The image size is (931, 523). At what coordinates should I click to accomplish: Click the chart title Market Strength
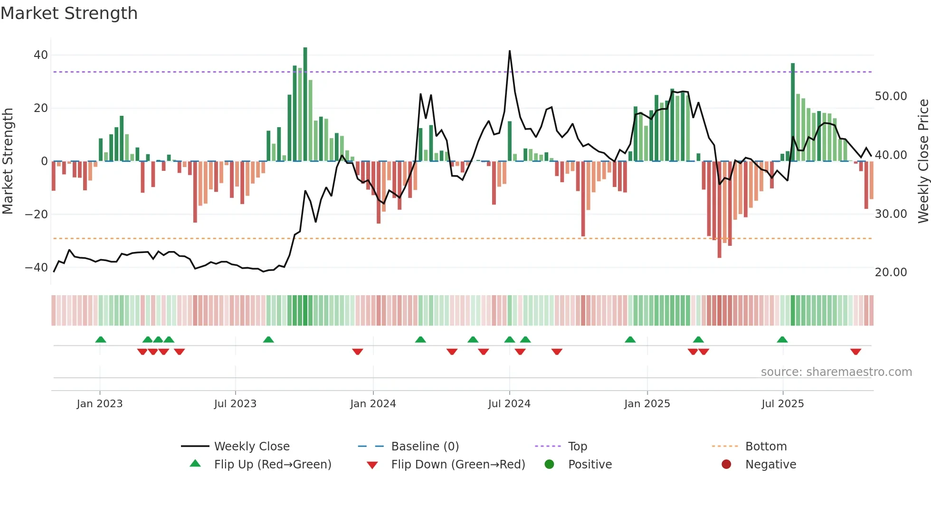tap(69, 13)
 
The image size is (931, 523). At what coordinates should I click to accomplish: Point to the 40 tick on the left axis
tap(40, 55)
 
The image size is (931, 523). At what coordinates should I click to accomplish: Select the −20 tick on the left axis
tap(37, 215)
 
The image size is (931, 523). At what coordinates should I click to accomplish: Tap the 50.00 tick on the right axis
tap(891, 96)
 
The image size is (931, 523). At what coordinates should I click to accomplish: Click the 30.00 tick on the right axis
tap(891, 214)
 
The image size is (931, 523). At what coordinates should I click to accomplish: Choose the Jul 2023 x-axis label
tap(235, 404)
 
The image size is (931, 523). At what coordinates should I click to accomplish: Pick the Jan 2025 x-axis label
tap(647, 404)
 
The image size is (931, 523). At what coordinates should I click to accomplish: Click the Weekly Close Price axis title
tap(923, 161)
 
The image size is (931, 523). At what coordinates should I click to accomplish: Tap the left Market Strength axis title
tap(8, 161)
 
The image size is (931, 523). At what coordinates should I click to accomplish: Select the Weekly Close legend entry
tap(251, 447)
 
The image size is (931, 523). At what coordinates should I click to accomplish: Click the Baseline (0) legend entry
tap(425, 447)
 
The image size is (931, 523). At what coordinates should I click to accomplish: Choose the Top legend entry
tap(577, 447)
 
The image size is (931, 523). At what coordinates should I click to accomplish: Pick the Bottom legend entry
tap(766, 447)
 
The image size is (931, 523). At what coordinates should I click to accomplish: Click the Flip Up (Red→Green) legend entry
tap(272, 465)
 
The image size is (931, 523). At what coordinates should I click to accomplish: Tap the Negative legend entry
tap(770, 465)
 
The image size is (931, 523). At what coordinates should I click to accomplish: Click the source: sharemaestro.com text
tap(836, 372)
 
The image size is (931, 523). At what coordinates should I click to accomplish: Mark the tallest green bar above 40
tap(305, 104)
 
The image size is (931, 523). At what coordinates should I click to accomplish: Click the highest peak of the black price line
tap(510, 51)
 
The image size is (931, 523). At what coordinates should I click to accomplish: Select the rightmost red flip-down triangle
tap(855, 352)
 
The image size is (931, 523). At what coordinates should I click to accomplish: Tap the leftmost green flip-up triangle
tap(100, 339)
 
